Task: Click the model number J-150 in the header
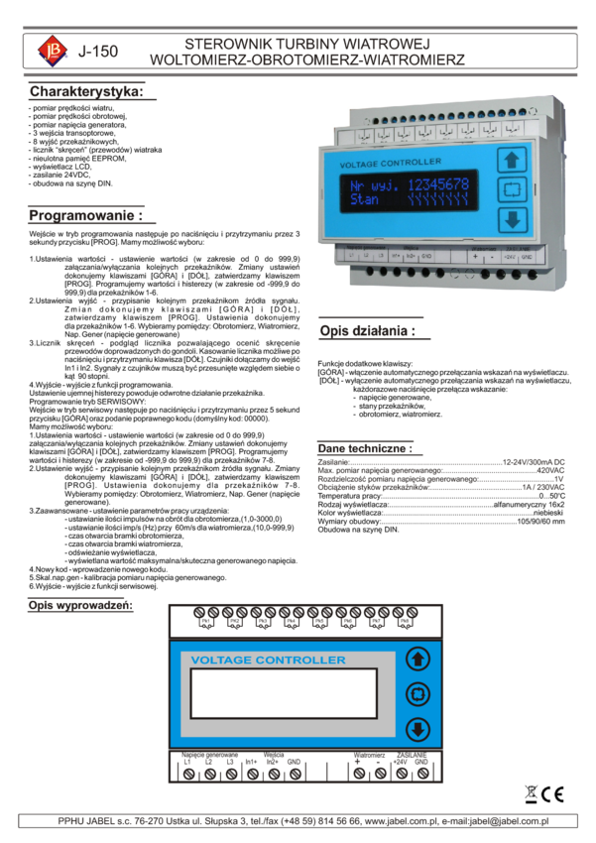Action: tap(98, 51)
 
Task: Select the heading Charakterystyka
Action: tap(91, 91)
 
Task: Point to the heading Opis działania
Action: tap(372, 330)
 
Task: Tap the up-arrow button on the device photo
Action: tap(512, 161)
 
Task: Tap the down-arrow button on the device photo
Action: tap(512, 219)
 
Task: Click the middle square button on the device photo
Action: tap(512, 189)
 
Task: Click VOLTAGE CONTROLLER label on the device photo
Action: tap(390, 162)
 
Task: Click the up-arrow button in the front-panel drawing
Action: tap(418, 659)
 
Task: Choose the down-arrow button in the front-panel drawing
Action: tap(418, 730)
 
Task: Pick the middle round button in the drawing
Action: tap(418, 694)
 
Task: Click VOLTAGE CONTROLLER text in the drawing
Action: tap(268, 660)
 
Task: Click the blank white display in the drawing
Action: tap(284, 693)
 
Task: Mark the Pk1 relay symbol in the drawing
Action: tap(206, 623)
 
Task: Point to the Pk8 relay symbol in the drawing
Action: tap(405, 623)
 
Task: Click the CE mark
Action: tap(554, 794)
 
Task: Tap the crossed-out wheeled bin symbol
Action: tap(532, 794)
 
